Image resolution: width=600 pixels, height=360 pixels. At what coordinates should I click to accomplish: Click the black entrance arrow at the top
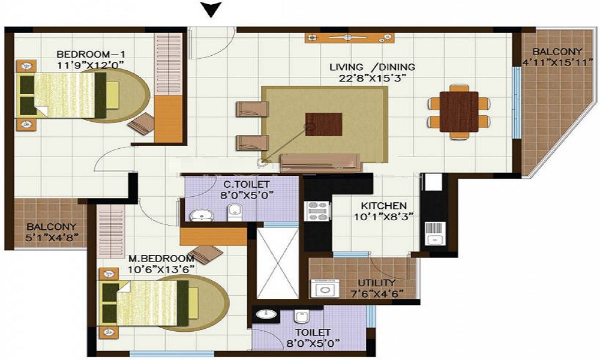click(x=211, y=8)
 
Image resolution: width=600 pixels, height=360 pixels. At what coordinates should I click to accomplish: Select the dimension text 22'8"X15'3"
click(x=372, y=78)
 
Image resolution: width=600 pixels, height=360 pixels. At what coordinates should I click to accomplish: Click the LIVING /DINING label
click(x=372, y=67)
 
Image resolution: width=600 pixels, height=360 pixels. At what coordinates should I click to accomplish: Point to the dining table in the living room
click(x=459, y=111)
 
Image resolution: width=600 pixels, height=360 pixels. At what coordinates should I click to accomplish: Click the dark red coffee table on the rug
click(x=324, y=124)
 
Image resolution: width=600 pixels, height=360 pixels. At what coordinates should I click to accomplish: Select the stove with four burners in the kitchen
click(x=318, y=211)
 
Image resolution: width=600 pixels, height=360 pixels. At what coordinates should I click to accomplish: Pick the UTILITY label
click(x=376, y=283)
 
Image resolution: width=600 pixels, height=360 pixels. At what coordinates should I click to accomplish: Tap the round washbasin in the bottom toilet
click(x=265, y=314)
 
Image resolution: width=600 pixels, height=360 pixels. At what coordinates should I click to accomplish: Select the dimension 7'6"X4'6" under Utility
click(x=376, y=293)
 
